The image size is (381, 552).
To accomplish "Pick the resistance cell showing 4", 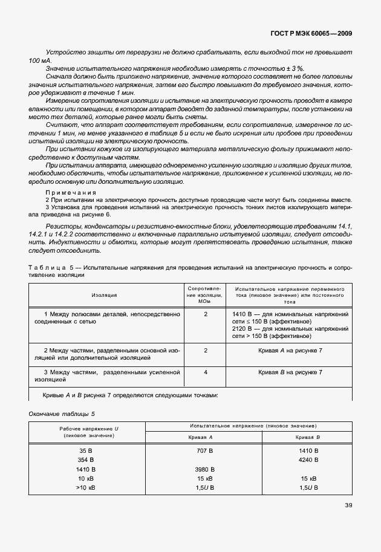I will pos(206,372).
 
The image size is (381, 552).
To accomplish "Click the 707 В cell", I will pos(206,450).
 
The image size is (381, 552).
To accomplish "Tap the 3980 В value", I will pos(206,469).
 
